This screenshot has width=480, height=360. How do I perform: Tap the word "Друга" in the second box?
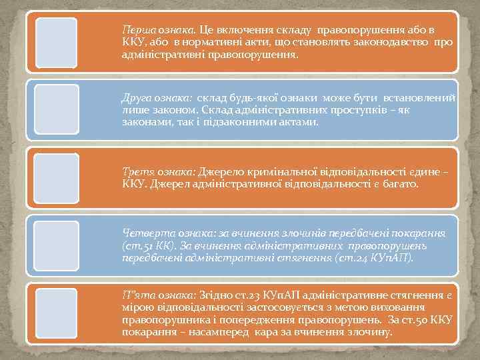pos(137,98)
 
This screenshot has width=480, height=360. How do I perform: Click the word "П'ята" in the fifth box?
pos(135,295)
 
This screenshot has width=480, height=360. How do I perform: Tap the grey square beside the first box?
pos(56,43)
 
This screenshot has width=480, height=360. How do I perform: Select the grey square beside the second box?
pos(56,110)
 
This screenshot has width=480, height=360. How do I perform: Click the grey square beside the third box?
pos(56,177)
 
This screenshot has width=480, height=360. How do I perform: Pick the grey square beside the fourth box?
pos(56,245)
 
